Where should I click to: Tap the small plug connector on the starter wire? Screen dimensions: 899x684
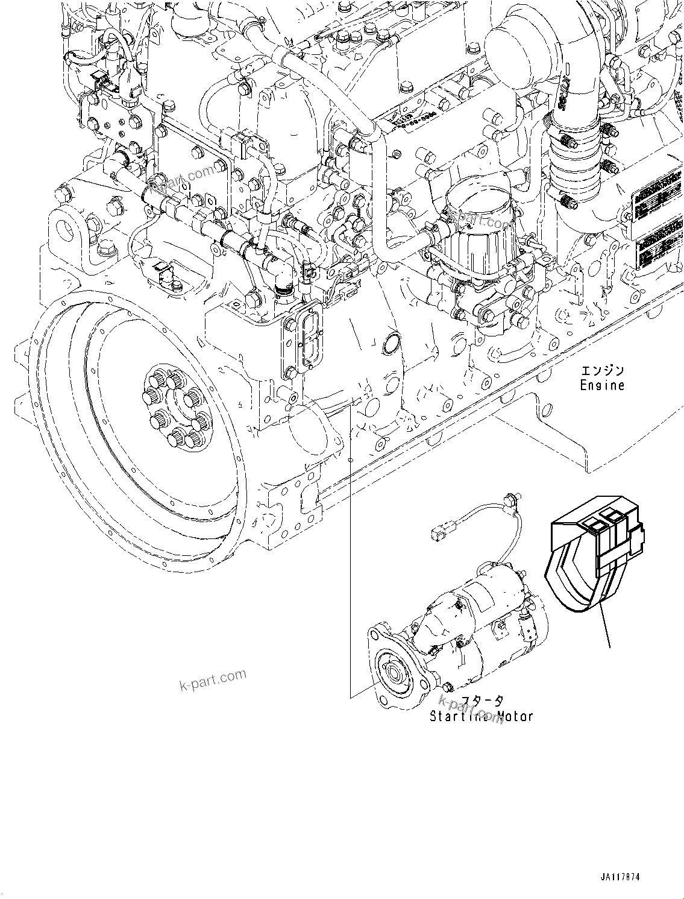pos(438,533)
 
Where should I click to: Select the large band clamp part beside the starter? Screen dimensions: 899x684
pos(594,555)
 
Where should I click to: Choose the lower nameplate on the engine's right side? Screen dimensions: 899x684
pos(660,248)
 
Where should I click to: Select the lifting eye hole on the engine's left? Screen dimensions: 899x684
pos(65,228)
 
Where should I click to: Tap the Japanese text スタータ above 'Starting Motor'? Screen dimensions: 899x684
pos(482,701)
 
